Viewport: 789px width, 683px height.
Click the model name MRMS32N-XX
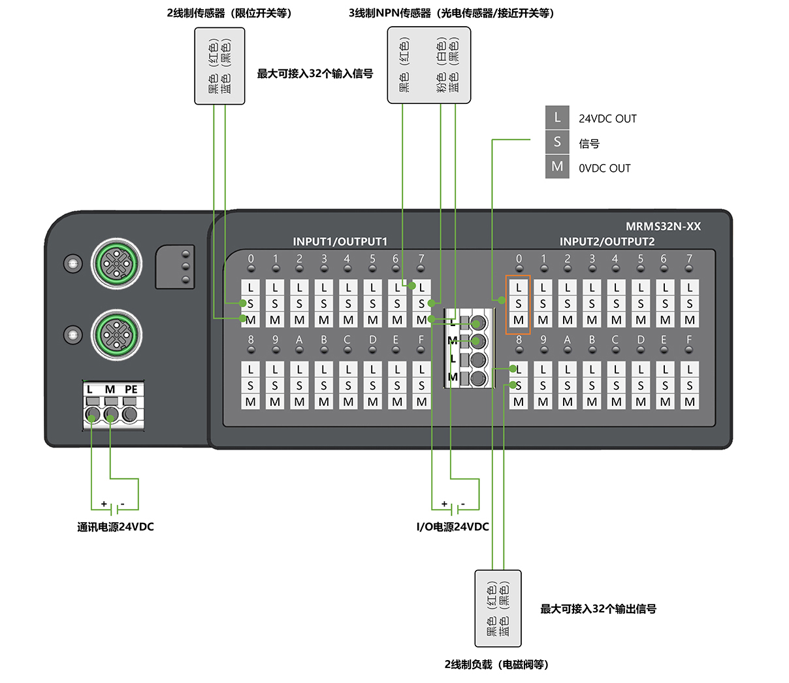pyautogui.click(x=663, y=226)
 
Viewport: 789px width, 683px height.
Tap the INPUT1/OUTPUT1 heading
pyautogui.click(x=340, y=241)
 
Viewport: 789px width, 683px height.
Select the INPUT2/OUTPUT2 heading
pyautogui.click(x=607, y=241)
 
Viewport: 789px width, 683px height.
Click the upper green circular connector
pyautogui.click(x=116, y=263)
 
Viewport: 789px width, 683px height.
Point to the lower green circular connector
pyautogui.click(x=116, y=335)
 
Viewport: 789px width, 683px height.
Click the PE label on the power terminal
pyautogui.click(x=131, y=390)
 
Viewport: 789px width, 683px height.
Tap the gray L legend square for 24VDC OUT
pyautogui.click(x=557, y=118)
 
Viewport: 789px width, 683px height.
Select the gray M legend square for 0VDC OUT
pyautogui.click(x=557, y=167)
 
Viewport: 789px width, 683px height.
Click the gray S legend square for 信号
pyautogui.click(x=557, y=142)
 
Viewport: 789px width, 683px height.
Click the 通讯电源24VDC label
pyautogui.click(x=115, y=527)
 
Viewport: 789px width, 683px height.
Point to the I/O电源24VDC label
pyautogui.click(x=453, y=527)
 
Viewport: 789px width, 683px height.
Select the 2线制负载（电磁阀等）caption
pyautogui.click(x=496, y=665)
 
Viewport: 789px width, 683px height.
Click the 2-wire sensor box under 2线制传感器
pyautogui.click(x=219, y=66)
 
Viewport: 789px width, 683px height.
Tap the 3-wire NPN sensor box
pyautogui.click(x=428, y=65)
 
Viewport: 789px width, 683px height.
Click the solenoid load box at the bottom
pyautogui.click(x=498, y=608)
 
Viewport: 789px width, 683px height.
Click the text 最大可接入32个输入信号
pyautogui.click(x=315, y=73)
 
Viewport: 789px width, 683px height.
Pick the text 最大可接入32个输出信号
pyautogui.click(x=598, y=609)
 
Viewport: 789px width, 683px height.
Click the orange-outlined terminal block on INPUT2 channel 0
pyautogui.click(x=518, y=305)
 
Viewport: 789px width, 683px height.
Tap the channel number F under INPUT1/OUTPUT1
pyautogui.click(x=421, y=339)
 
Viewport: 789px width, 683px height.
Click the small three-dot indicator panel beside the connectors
pyautogui.click(x=175, y=267)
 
